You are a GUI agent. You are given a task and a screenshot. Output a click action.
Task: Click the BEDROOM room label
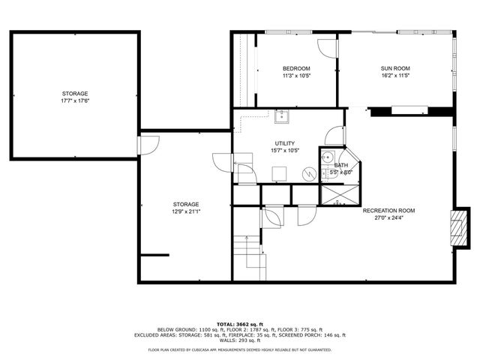point(296,68)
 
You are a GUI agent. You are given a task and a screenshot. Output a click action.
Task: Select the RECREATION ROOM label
point(388,211)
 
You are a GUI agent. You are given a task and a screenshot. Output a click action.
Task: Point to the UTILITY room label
point(285,143)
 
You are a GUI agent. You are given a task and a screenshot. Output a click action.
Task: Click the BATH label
point(341,165)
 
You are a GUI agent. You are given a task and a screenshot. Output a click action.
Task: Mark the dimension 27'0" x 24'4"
point(388,218)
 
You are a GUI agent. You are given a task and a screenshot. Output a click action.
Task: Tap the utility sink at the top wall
point(283,116)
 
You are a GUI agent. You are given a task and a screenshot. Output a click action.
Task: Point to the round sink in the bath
point(328,159)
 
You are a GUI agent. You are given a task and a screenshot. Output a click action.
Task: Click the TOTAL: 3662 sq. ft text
point(240,323)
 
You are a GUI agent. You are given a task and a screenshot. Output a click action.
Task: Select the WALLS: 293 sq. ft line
point(240,341)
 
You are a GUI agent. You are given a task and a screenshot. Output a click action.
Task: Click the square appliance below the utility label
point(279,172)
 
